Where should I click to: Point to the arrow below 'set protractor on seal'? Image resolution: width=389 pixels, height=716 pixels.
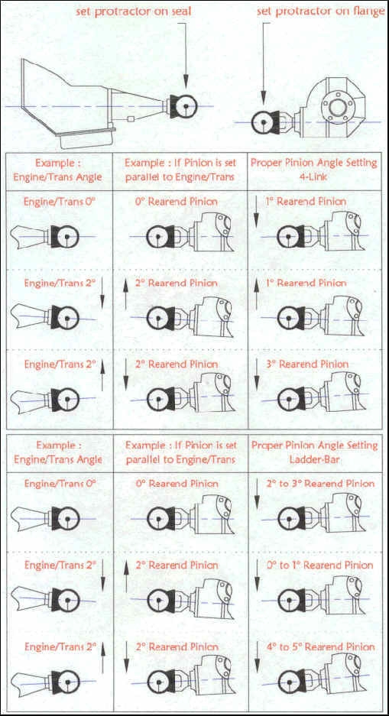[186, 55]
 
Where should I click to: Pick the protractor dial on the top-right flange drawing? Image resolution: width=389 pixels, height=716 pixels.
[263, 122]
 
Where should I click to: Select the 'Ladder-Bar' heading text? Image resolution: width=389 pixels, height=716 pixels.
[314, 459]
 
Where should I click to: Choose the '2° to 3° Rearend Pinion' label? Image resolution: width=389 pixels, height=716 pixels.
[320, 483]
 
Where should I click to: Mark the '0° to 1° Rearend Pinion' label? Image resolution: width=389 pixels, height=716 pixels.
[320, 565]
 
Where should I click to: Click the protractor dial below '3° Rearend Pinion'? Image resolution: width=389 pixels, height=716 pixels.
[288, 399]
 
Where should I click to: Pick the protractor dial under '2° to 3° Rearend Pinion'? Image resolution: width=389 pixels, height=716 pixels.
[288, 518]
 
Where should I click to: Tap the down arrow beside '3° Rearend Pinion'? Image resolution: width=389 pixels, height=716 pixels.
[257, 374]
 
